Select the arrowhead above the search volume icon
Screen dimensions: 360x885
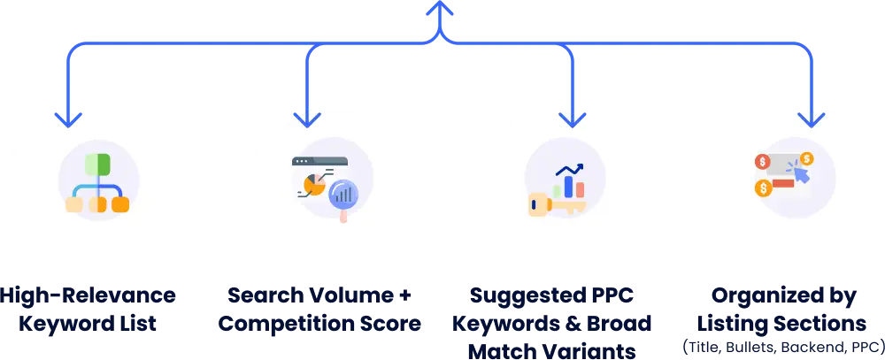pyautogui.click(x=306, y=117)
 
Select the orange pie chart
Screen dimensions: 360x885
pyautogui.click(x=312, y=184)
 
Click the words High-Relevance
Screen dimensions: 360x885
pyautogui.click(x=88, y=295)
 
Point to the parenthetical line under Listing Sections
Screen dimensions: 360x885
pyautogui.click(x=781, y=343)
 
